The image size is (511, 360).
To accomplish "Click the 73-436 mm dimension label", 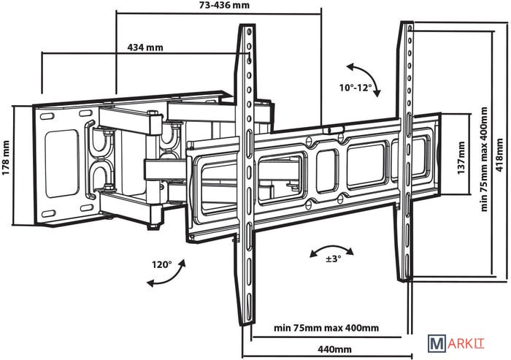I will click(x=218, y=6).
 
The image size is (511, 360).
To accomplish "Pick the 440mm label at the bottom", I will click(x=332, y=349).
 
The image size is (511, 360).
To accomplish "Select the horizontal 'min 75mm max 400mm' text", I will click(x=326, y=326).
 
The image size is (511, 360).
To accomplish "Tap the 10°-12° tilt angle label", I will click(x=355, y=89).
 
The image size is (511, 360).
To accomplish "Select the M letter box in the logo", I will click(x=437, y=342).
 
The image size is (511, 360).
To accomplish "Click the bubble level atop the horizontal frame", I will click(x=334, y=129).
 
